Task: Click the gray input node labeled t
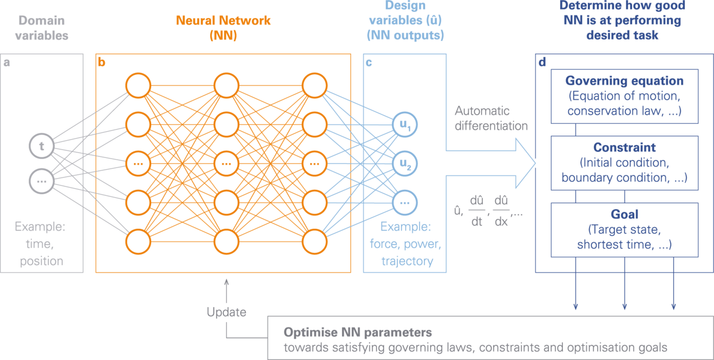[x=42, y=147]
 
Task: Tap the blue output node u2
[x=405, y=164]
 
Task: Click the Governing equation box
[x=624, y=96]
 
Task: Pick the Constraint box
[x=624, y=162]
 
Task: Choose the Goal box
[x=624, y=229]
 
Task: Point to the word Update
[x=226, y=312]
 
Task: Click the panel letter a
[x=7, y=63]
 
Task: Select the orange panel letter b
[x=102, y=63]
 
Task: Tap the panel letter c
[x=369, y=63]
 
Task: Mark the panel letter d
[x=541, y=63]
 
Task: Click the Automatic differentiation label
[x=490, y=118]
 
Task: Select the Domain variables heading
[x=42, y=28]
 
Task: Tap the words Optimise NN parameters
[x=358, y=333]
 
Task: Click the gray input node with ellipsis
[x=42, y=181]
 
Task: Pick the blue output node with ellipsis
[x=405, y=202]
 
